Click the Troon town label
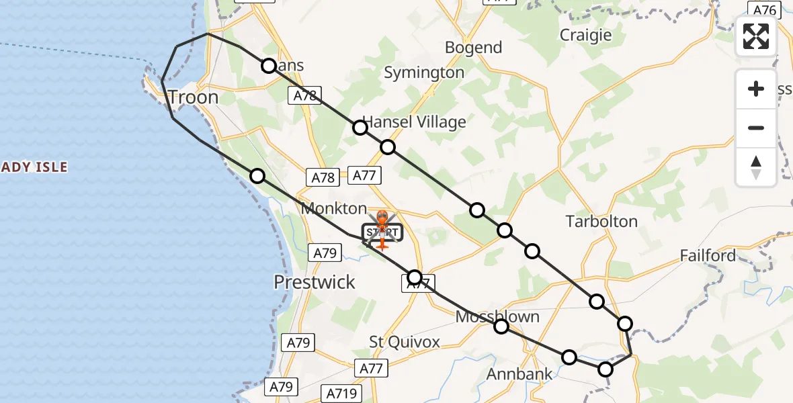point(194,97)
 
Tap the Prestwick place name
point(315,282)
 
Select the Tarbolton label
point(601,221)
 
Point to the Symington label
point(424,73)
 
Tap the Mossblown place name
point(497,316)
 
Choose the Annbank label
point(519,374)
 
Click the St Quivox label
point(405,342)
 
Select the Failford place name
point(707,256)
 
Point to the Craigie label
point(586,35)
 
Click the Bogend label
point(474,48)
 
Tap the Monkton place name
point(334,208)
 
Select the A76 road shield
point(765,9)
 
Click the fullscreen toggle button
point(756,36)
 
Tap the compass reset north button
point(756,167)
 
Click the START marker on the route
point(382,233)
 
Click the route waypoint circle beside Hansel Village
point(361,128)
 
